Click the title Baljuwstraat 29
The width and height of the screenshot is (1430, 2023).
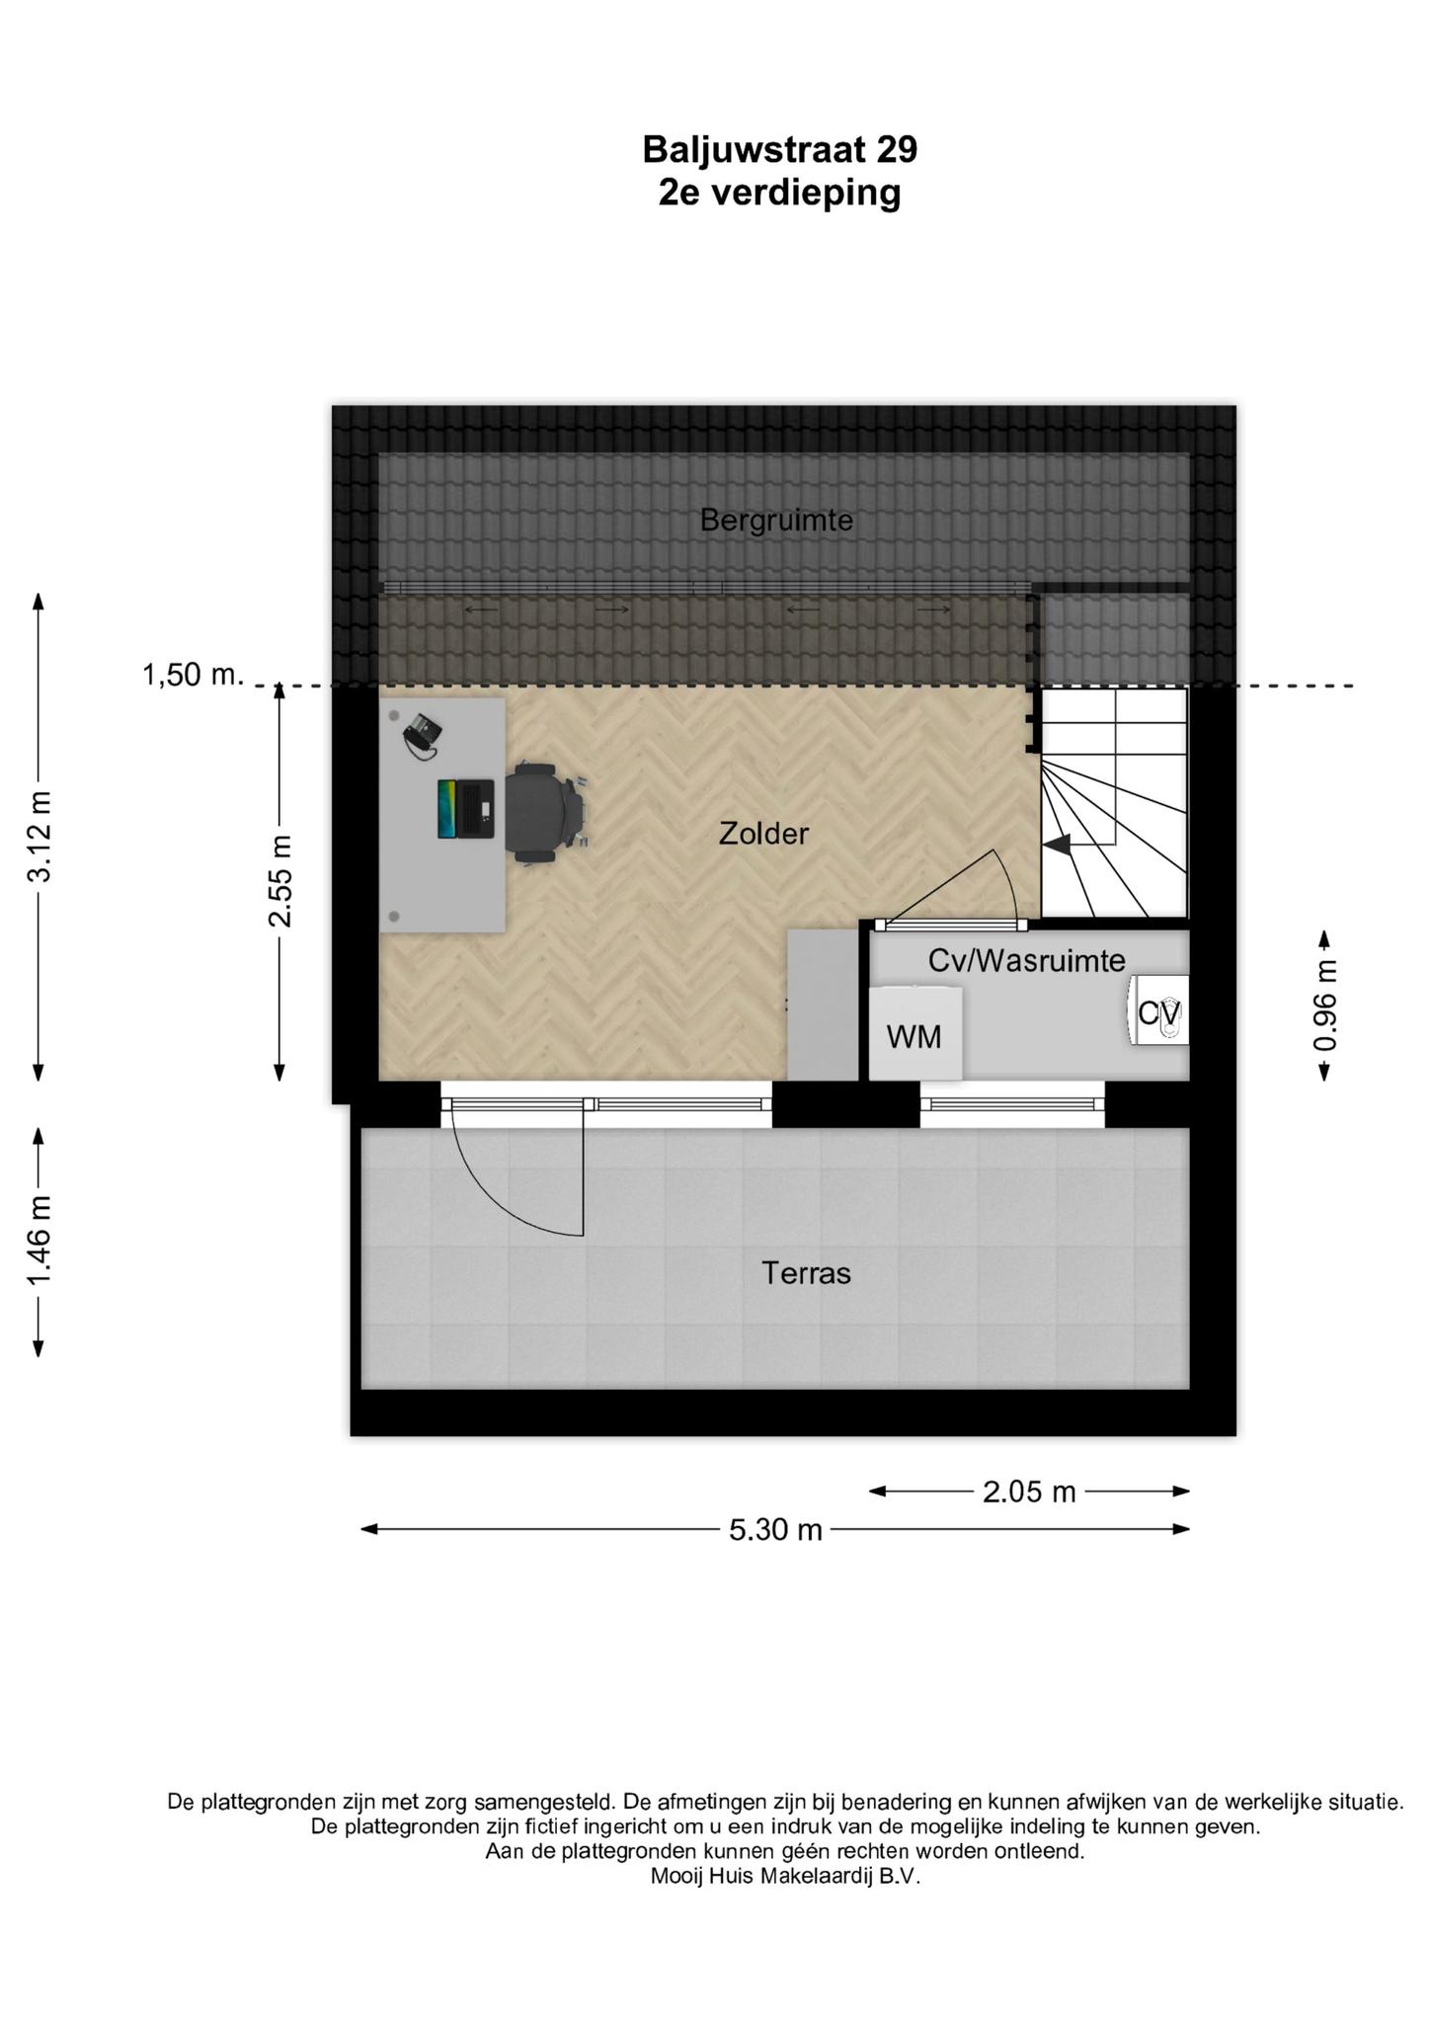779,149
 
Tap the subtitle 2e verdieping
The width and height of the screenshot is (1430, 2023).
779,192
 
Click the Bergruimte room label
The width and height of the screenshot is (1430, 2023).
776,520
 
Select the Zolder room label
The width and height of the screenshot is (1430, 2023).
763,834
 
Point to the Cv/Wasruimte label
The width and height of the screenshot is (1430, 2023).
1027,960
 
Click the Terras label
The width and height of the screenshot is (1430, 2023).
806,1273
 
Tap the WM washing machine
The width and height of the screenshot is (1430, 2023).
914,1033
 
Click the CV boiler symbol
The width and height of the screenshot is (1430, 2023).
1158,1011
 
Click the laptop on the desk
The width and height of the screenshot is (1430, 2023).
466,809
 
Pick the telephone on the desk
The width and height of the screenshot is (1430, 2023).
423,736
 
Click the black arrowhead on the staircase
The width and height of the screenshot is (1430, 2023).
1057,845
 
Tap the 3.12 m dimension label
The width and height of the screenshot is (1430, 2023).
40,837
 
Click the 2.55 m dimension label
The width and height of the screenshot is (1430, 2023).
279,881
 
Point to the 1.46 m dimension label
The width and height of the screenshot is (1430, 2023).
40,1244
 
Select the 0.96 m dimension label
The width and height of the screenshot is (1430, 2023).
1325,1006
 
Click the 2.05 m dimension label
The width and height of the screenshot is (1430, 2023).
1029,1491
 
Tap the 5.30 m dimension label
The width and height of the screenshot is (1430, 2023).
775,1529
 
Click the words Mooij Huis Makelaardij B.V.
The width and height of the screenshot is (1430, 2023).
785,1877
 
